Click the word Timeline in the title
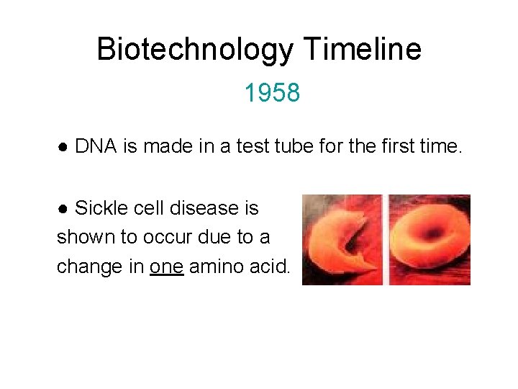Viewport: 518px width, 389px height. [x=362, y=50]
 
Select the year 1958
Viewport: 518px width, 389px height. [x=271, y=93]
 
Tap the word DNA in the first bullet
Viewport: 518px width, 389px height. [x=97, y=147]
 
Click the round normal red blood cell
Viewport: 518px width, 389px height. [x=430, y=238]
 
